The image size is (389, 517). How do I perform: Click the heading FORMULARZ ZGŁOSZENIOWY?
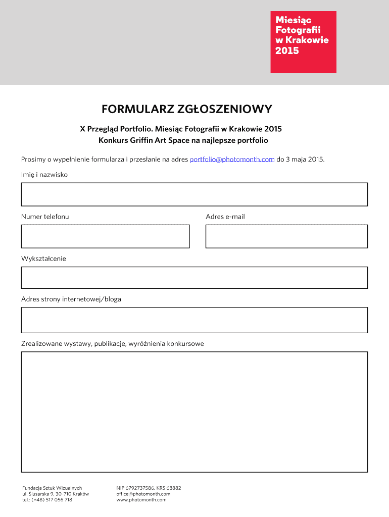[x=187, y=109]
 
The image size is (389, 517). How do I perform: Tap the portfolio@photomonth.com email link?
[x=232, y=160]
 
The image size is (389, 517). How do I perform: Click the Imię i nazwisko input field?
[x=194, y=194]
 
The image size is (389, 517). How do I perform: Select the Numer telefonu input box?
[x=105, y=236]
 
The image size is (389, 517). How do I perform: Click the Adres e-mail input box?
[x=286, y=236]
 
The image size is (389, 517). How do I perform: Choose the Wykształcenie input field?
[x=194, y=278]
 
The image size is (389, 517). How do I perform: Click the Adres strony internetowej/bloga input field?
[x=194, y=320]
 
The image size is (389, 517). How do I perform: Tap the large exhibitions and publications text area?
[x=194, y=412]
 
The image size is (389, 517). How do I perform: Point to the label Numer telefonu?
[x=45, y=217]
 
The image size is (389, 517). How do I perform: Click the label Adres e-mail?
[x=225, y=217]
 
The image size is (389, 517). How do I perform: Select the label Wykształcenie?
[x=43, y=258]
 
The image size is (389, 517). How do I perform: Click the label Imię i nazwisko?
[x=44, y=175]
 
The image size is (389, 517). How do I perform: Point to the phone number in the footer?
[x=47, y=500]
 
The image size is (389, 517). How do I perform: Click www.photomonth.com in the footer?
[x=141, y=500]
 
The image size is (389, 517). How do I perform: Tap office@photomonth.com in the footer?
[x=143, y=494]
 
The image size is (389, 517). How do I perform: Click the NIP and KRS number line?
[x=149, y=488]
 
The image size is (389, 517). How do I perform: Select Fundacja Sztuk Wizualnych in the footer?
[x=52, y=488]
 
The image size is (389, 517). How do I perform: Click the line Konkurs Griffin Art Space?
[x=183, y=140]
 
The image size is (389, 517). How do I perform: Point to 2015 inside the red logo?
[x=287, y=51]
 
